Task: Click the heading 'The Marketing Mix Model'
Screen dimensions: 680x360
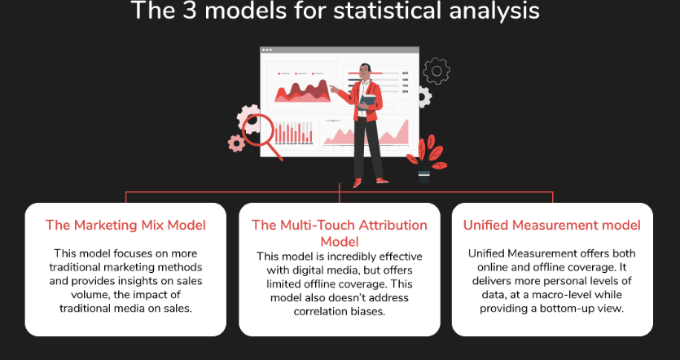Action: [125, 225]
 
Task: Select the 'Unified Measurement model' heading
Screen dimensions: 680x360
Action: [551, 225]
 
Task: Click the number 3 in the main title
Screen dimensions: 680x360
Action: [190, 10]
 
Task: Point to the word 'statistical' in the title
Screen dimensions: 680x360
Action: [388, 10]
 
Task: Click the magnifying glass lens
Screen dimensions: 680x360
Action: [258, 130]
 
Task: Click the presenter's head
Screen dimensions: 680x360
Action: [365, 72]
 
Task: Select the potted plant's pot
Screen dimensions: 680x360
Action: [423, 176]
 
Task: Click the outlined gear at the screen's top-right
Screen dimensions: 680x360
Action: [437, 71]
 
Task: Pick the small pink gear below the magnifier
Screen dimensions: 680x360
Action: [236, 143]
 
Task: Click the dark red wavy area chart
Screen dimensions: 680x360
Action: [302, 91]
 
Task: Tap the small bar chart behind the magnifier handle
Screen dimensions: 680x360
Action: [294, 132]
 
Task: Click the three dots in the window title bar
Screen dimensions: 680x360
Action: [267, 50]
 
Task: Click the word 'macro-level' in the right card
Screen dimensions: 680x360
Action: [551, 295]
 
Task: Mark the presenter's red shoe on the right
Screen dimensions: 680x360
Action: [382, 181]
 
